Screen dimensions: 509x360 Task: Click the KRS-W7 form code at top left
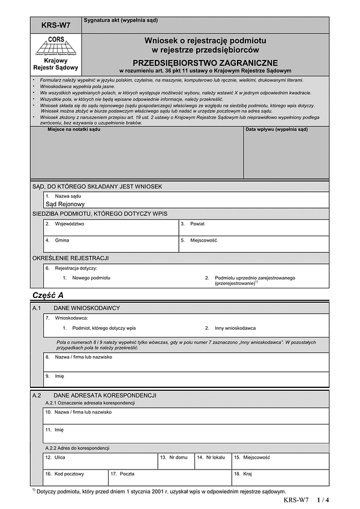pyautogui.click(x=55, y=26)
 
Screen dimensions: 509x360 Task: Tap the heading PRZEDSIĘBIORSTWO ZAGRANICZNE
pyautogui.click(x=205, y=62)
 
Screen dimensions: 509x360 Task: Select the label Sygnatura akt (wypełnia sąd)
pyautogui.click(x=121, y=20)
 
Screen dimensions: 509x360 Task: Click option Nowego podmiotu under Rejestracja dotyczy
pyautogui.click(x=91, y=278)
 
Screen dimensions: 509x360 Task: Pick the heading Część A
pyautogui.click(x=47, y=296)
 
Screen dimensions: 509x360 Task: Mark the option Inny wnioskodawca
pyautogui.click(x=235, y=328)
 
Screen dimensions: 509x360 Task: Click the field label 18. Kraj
pyautogui.click(x=243, y=474)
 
